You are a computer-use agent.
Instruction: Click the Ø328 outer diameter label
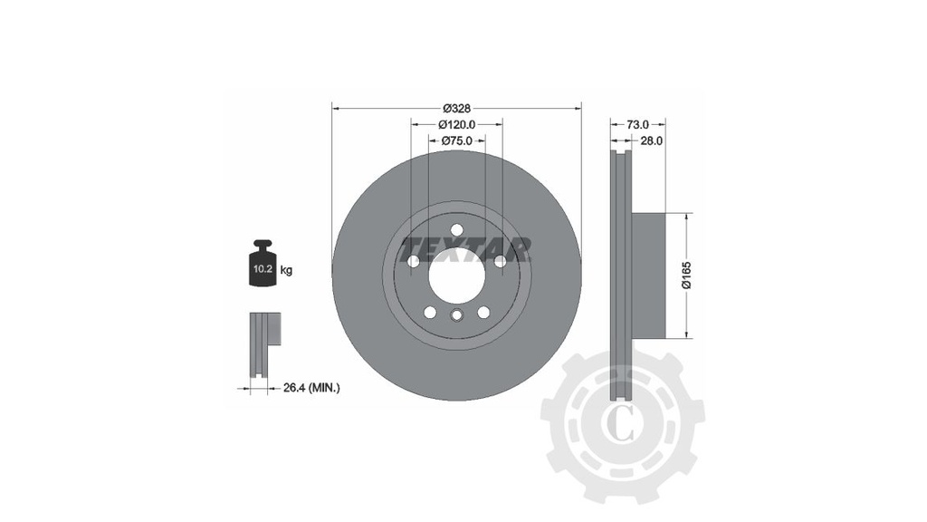(x=456, y=108)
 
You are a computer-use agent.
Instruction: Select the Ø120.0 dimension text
(x=456, y=124)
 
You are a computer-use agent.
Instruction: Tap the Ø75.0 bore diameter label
(x=456, y=140)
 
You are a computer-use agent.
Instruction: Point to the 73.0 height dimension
(x=638, y=124)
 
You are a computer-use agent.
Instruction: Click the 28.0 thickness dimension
(x=652, y=140)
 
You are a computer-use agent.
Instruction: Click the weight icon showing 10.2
(x=263, y=266)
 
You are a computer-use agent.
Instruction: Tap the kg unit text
(x=286, y=270)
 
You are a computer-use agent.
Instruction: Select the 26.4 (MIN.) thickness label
(x=311, y=388)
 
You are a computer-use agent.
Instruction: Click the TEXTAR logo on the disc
(x=465, y=246)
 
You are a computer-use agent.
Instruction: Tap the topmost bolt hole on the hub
(x=456, y=229)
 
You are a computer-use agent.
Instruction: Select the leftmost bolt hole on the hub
(x=414, y=261)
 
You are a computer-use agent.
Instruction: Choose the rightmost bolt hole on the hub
(x=500, y=261)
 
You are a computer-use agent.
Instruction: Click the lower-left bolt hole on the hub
(x=430, y=312)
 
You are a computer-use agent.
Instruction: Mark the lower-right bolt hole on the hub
(x=483, y=312)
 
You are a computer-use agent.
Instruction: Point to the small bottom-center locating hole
(x=456, y=315)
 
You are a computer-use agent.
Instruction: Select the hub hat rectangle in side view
(x=647, y=275)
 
